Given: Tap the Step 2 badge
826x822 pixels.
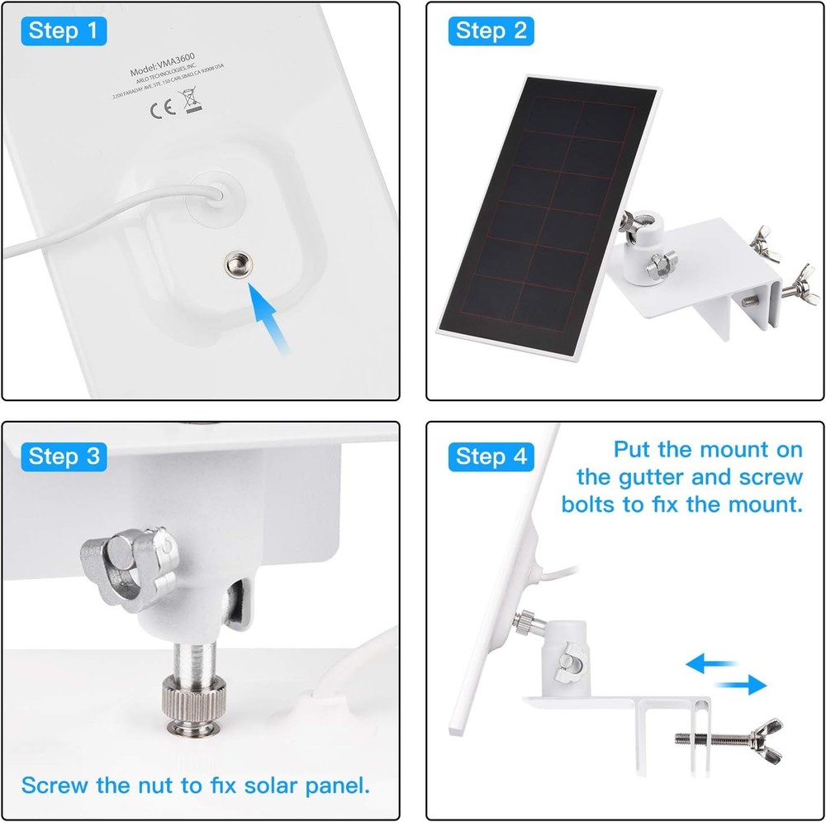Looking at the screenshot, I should coord(491,32).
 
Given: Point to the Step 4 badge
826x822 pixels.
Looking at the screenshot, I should coord(491,456).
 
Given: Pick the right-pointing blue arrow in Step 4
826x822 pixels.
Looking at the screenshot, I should coord(740,684).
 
